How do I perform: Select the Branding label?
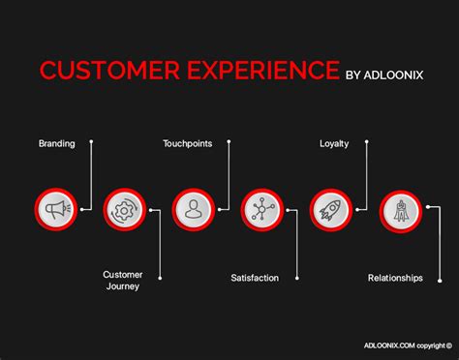(x=56, y=143)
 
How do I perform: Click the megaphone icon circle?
(x=54, y=208)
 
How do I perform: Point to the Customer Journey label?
(x=123, y=281)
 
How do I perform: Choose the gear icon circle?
(x=123, y=208)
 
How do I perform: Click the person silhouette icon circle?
(x=193, y=208)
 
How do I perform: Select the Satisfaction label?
(x=255, y=278)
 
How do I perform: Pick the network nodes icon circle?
(x=261, y=208)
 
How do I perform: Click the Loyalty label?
(x=334, y=143)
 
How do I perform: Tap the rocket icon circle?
(x=330, y=208)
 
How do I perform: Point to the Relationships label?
(x=395, y=278)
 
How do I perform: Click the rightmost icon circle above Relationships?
(x=399, y=208)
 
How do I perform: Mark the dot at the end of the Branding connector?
(x=91, y=142)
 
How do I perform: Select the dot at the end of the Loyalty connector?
(x=367, y=142)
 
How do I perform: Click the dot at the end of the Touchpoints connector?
(x=229, y=142)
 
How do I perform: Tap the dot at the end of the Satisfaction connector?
(x=297, y=278)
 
